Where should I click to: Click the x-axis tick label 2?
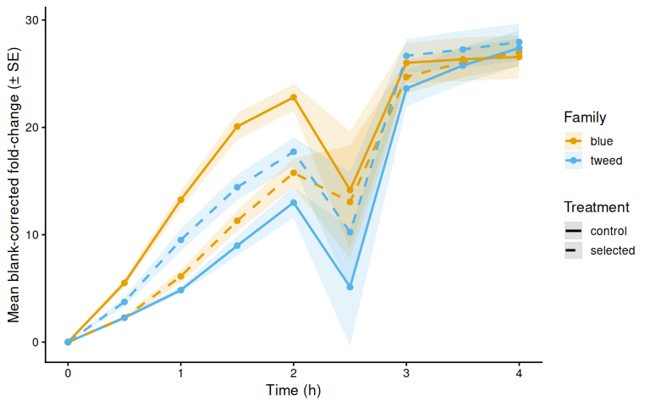pyautogui.click(x=294, y=374)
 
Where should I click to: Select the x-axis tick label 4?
pyautogui.click(x=519, y=374)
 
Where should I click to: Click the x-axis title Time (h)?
pyautogui.click(x=293, y=390)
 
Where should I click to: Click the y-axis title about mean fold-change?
pyautogui.click(x=14, y=185)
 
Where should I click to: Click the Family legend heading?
pyautogui.click(x=585, y=118)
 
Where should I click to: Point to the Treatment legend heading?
pyautogui.click(x=597, y=207)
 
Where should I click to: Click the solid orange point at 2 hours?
pyautogui.click(x=294, y=97)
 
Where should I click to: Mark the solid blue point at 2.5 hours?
pyautogui.click(x=350, y=287)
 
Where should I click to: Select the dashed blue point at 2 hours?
pyautogui.click(x=294, y=152)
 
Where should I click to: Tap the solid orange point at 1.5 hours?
pyautogui.click(x=237, y=126)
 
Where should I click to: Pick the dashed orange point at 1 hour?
pyautogui.click(x=181, y=277)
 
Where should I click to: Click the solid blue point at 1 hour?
pyautogui.click(x=181, y=290)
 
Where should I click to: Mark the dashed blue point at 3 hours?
pyautogui.click(x=406, y=56)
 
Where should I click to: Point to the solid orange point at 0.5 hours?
pyautogui.click(x=124, y=283)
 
